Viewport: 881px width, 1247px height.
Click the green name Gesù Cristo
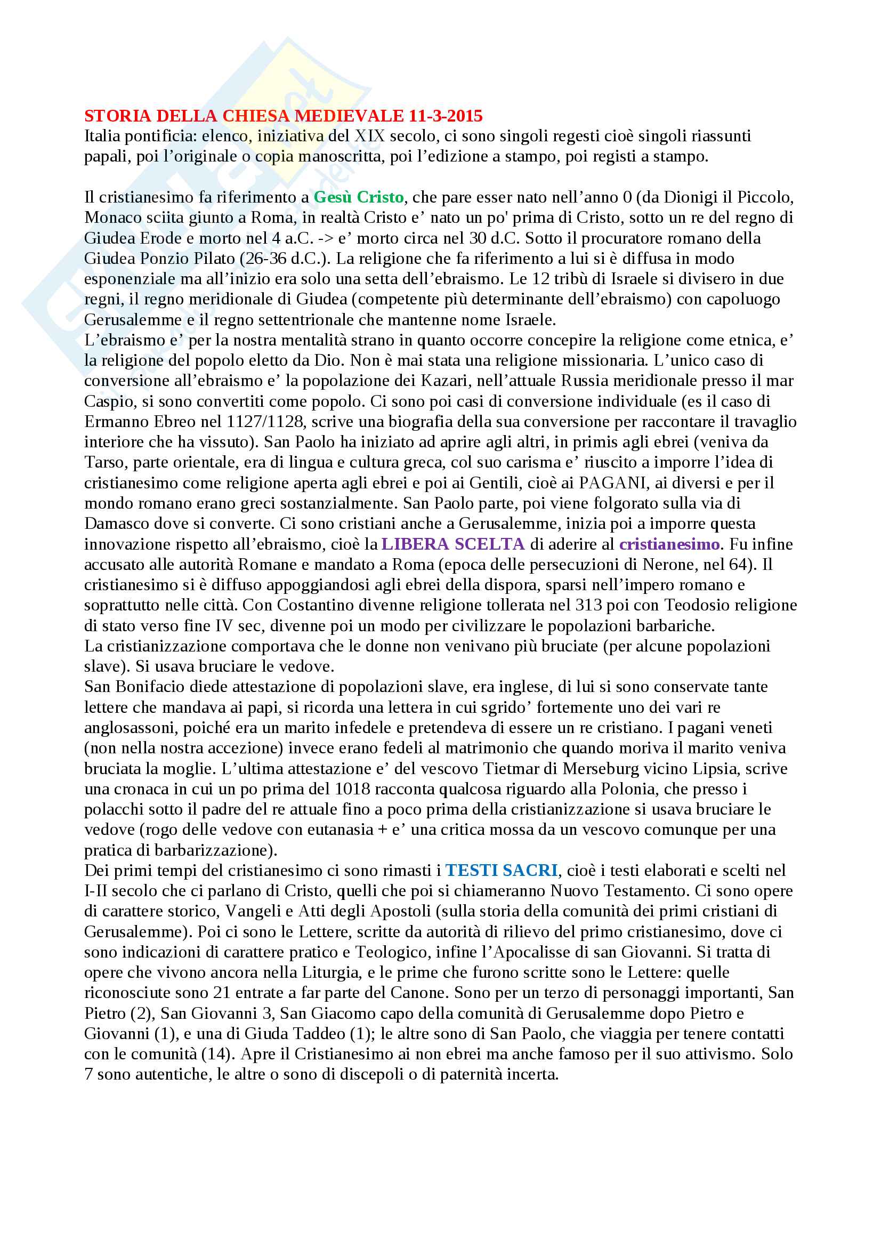(x=359, y=197)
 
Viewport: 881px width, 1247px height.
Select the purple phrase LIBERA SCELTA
(x=453, y=544)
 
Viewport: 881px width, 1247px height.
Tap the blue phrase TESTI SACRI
(x=502, y=870)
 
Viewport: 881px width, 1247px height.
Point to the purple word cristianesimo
(x=669, y=544)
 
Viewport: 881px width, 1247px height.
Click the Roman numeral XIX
(x=370, y=136)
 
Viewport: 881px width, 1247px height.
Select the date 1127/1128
(x=266, y=422)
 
